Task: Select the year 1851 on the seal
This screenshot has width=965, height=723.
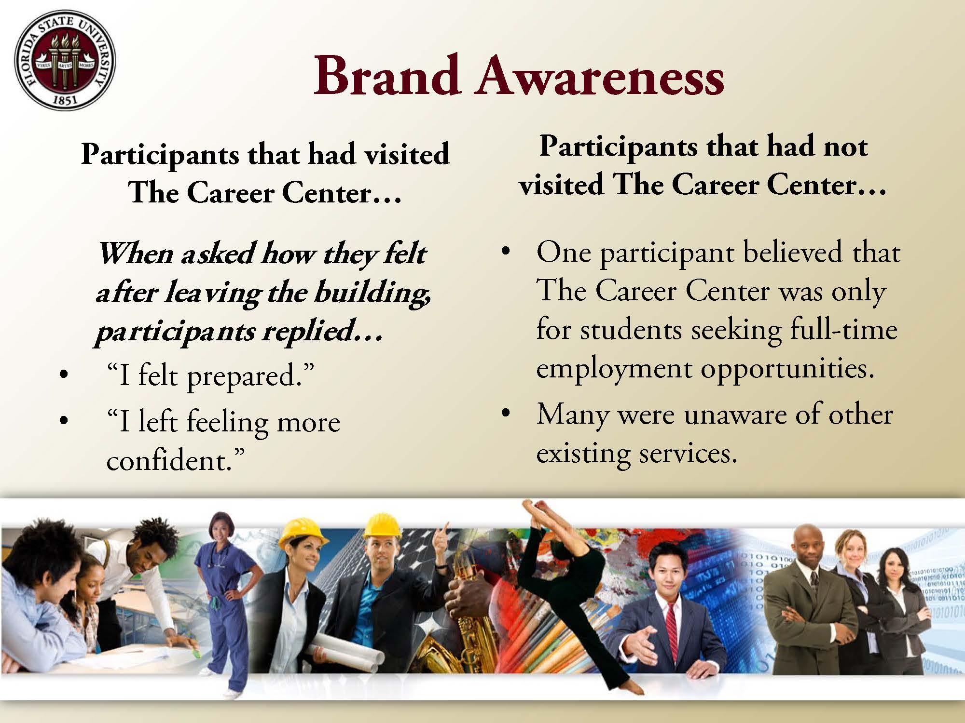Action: point(65,102)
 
